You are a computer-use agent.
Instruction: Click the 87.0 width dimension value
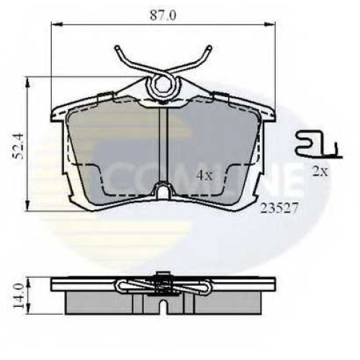point(163,16)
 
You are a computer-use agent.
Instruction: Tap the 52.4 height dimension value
point(18,146)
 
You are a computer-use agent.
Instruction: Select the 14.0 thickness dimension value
point(18,295)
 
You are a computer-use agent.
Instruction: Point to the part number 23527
point(279,208)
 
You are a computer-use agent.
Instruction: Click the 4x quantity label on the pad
point(204,176)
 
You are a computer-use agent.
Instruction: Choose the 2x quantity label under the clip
point(320,171)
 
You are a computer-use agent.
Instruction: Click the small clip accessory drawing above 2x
point(319,145)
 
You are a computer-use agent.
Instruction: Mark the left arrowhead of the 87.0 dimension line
point(57,24)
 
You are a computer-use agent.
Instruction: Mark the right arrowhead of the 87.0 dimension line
point(269,24)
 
